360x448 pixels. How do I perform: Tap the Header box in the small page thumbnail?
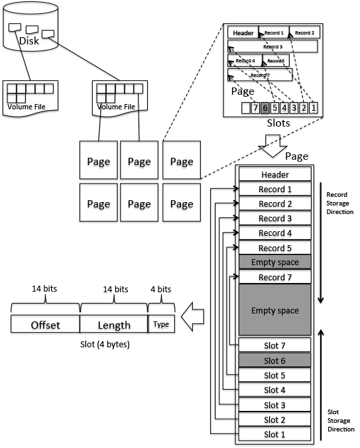tap(243, 32)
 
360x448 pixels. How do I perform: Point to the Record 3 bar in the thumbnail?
tap(272, 46)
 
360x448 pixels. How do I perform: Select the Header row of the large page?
tap(274, 174)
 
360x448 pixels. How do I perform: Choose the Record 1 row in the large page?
tap(274, 189)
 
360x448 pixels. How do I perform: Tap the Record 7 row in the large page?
tap(274, 277)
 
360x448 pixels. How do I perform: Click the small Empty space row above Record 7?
tap(274, 262)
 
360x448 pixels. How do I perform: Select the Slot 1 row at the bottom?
tap(274, 434)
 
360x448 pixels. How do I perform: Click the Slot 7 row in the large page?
tap(274, 345)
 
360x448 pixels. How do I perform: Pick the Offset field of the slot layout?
tap(45, 325)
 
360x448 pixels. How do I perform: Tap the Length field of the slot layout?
tap(113, 325)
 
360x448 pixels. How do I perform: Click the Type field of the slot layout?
tap(161, 325)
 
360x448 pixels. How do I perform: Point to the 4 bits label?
tap(161, 289)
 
